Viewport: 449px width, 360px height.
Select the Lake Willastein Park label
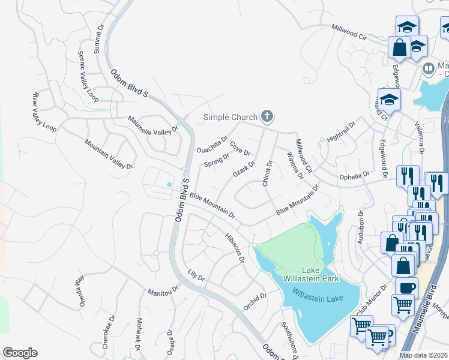point(313,274)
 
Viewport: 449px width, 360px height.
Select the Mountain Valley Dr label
point(108,154)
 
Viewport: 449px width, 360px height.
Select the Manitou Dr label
point(164,291)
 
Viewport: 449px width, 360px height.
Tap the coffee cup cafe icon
point(406,286)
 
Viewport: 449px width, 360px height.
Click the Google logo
point(20,353)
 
